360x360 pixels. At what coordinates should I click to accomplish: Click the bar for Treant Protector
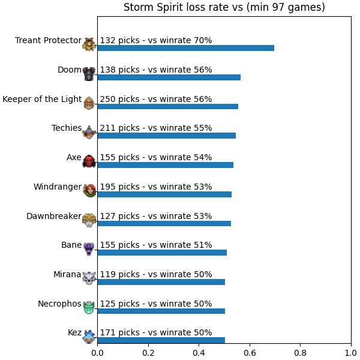point(186,48)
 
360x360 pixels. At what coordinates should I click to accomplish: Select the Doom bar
point(169,77)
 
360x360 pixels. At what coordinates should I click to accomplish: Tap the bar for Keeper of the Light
point(168,107)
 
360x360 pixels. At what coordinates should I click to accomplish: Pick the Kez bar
point(161,340)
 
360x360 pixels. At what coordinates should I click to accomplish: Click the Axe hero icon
point(89,161)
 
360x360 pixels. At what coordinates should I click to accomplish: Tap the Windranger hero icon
point(89,190)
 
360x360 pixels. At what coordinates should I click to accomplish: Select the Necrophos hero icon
point(89,307)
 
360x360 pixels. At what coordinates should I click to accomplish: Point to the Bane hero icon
point(89,249)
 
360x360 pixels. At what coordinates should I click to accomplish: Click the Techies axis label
point(67,128)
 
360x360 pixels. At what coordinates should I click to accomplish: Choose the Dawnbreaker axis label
point(54,216)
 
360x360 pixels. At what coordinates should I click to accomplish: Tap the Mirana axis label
point(67,274)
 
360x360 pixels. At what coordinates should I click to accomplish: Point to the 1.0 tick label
point(351,353)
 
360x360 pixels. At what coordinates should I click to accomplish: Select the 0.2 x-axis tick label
point(148,353)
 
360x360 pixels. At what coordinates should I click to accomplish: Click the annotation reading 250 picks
point(119,99)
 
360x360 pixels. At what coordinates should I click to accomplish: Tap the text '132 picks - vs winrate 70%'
point(156,40)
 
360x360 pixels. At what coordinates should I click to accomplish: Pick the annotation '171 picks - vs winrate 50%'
point(156,332)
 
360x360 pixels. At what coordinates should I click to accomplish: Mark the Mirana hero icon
point(89,278)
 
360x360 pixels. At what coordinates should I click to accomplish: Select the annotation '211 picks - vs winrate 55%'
point(156,128)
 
